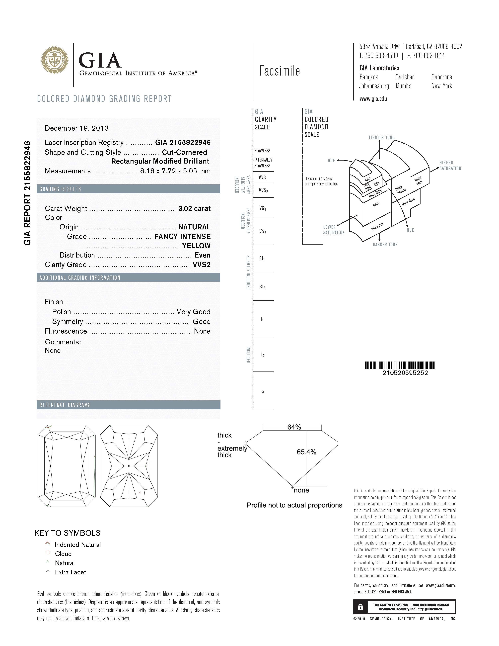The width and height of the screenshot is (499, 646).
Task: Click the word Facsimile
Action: (x=279, y=71)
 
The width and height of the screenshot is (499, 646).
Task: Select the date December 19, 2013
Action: (x=76, y=128)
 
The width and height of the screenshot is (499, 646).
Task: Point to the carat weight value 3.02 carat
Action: (x=194, y=208)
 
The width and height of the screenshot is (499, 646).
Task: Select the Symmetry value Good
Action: (x=201, y=322)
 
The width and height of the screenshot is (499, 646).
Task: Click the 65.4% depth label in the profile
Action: (x=306, y=452)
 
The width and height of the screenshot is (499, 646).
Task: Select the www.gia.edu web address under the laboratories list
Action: (x=373, y=99)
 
